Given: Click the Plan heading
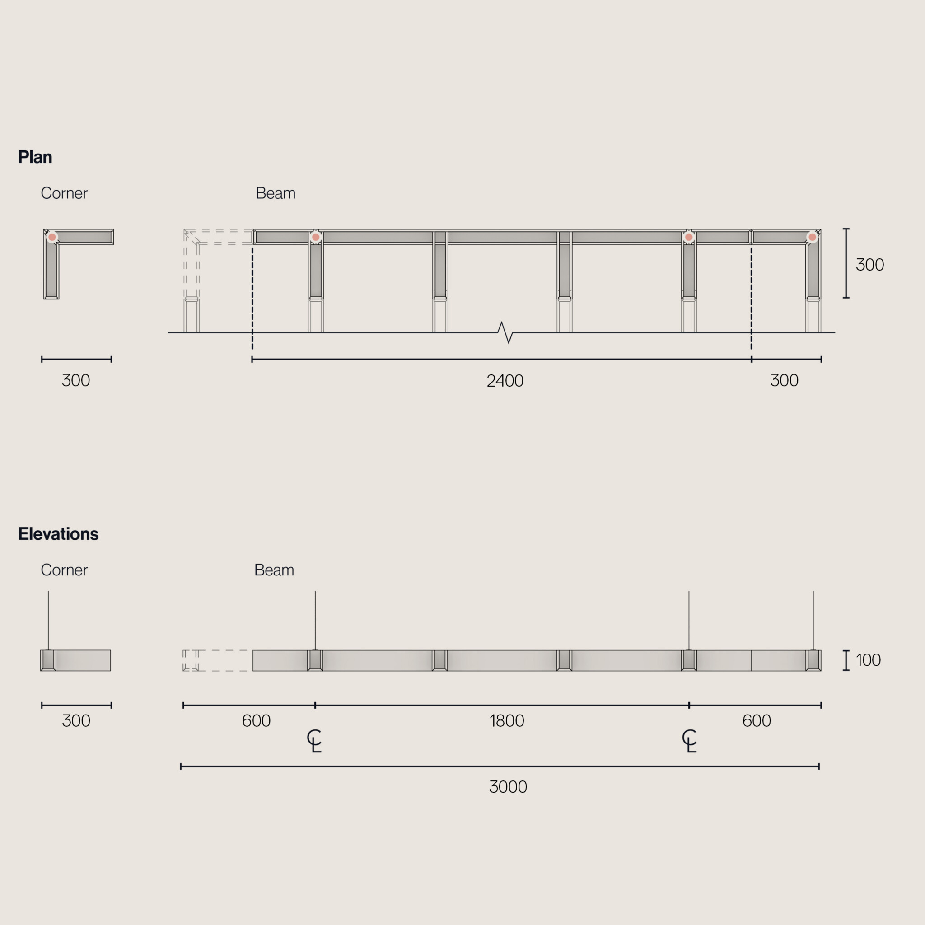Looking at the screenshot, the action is pyautogui.click(x=35, y=157).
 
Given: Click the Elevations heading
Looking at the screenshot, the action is pyautogui.click(x=58, y=534).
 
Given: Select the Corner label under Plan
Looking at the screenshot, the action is pyautogui.click(x=64, y=193).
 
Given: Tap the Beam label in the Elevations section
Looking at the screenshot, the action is pyautogui.click(x=274, y=570).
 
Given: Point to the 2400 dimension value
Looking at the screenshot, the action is pyautogui.click(x=505, y=381).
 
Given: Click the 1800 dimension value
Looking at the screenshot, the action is pyautogui.click(x=507, y=720).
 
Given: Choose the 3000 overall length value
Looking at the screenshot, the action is pyautogui.click(x=508, y=787).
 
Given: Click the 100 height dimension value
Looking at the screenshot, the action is pyautogui.click(x=868, y=660).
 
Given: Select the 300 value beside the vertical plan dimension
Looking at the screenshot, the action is pyautogui.click(x=870, y=265).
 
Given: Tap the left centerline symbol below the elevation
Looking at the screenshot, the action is pyautogui.click(x=314, y=741).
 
